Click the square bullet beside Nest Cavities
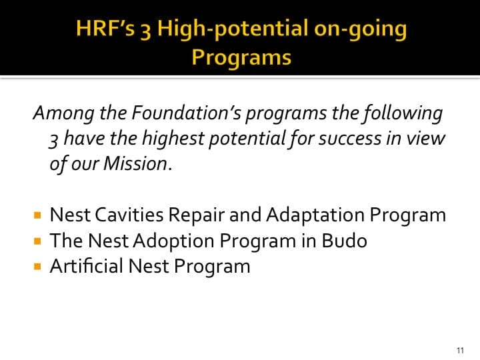coord(37,216)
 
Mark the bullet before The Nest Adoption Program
coord(37,241)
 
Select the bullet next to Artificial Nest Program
coord(37,267)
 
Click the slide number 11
coord(460,350)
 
